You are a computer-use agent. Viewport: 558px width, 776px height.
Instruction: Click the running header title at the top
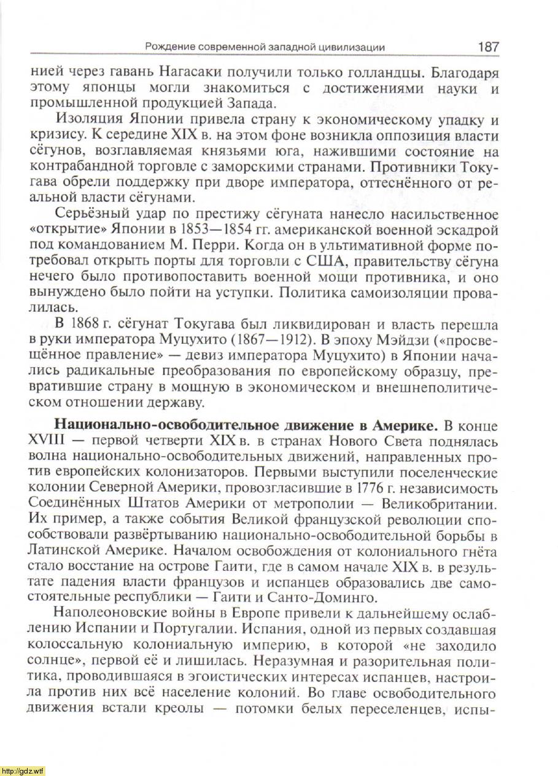265,47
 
